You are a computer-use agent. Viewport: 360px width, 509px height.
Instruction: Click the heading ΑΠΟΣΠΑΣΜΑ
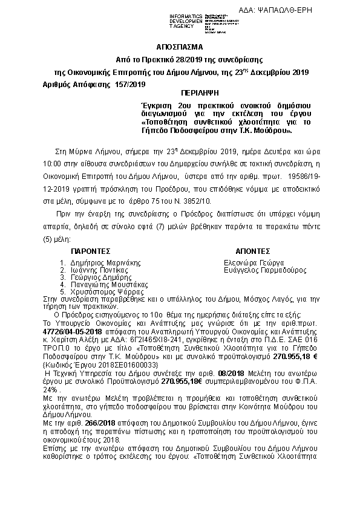[179, 47]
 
